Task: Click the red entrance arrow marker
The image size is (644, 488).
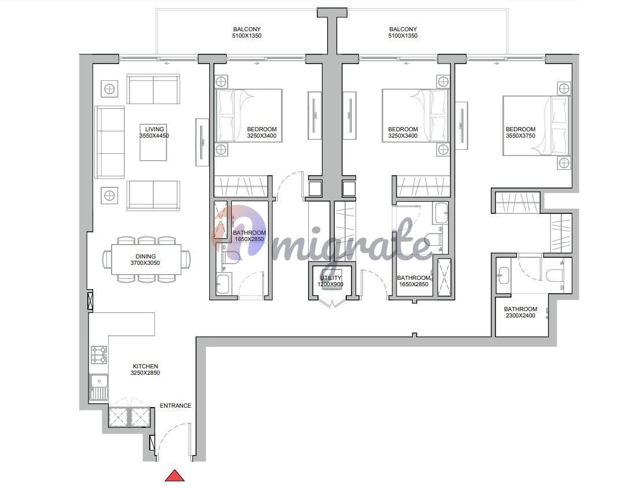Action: click(175, 475)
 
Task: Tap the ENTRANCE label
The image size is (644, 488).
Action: click(175, 405)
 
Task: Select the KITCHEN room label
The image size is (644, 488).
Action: click(146, 366)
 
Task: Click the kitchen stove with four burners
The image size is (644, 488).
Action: click(99, 355)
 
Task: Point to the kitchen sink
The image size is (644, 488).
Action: click(99, 387)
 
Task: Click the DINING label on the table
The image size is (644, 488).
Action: click(146, 256)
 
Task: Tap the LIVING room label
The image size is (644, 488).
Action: click(154, 129)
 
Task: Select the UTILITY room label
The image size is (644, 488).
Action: click(331, 278)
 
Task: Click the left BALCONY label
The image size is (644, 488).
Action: click(247, 29)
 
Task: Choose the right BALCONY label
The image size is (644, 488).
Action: click(403, 29)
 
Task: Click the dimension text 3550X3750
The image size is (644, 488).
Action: click(520, 135)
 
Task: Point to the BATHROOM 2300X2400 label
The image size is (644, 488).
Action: click(520, 312)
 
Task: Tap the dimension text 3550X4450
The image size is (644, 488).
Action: click(154, 135)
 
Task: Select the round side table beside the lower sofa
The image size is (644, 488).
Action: click(109, 195)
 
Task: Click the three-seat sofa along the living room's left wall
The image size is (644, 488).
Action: click(110, 142)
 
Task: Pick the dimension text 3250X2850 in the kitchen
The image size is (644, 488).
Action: click(146, 372)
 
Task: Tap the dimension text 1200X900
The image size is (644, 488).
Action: click(331, 284)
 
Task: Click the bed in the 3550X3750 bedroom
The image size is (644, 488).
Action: click(536, 125)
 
